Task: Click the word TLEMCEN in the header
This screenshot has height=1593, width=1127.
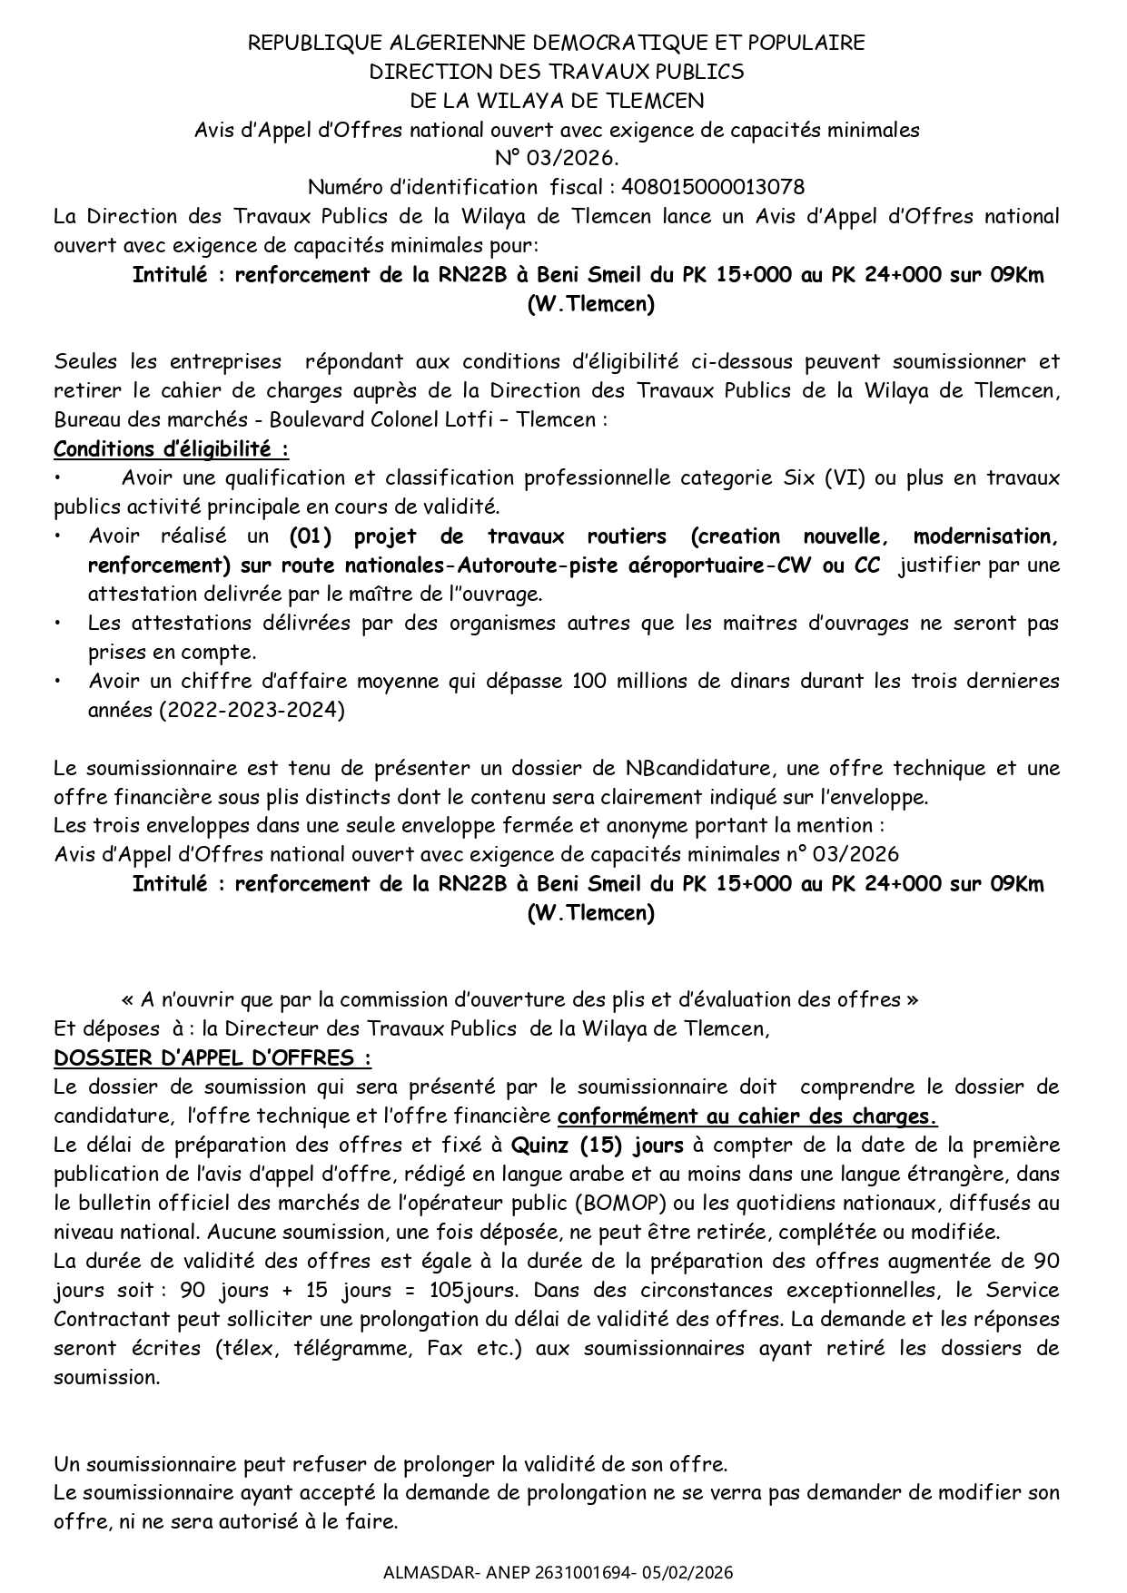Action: [x=657, y=100]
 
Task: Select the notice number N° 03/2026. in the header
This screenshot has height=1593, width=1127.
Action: [x=557, y=158]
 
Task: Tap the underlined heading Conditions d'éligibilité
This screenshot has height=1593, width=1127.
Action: [x=171, y=448]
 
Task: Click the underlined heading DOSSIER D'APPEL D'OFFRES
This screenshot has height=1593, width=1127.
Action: [x=213, y=1058]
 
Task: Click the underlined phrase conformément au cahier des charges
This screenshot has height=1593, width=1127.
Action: [x=746, y=1116]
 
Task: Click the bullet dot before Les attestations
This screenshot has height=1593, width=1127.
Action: [x=57, y=624]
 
